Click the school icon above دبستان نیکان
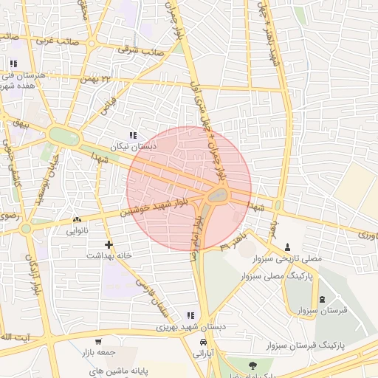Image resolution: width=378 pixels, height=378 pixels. pos(133,135)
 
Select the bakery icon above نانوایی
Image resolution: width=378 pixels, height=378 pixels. pos(77,220)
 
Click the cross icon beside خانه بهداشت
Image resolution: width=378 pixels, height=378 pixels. pos(109,244)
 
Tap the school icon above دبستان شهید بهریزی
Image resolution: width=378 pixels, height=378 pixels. pos(190,315)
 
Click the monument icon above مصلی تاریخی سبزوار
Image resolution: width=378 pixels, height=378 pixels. pos(287,247)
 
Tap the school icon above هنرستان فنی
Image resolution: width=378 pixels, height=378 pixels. pos(13,63)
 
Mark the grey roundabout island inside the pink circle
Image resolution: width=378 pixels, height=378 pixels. pos(217,196)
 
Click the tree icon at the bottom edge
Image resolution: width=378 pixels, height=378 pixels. pos(253,365)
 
